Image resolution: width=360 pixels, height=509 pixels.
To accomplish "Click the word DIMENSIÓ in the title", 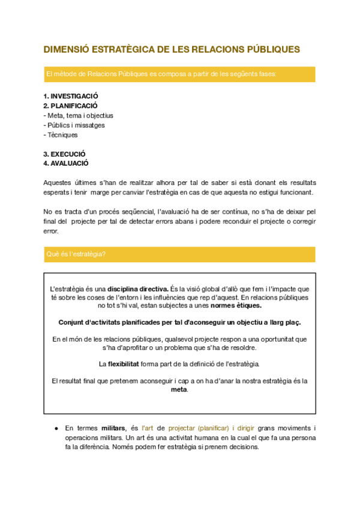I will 64,49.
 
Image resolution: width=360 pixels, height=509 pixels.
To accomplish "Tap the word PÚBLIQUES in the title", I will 271,49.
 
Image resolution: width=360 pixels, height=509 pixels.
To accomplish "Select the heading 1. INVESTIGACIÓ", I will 71,96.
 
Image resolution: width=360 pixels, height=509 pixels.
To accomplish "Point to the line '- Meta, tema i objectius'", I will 79,115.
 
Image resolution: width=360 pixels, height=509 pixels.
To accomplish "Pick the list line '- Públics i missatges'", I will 74,125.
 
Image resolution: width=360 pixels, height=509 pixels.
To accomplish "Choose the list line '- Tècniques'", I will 61,135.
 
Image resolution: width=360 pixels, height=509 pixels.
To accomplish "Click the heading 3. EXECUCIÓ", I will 64,154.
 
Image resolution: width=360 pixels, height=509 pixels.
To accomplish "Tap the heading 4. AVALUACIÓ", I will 66,163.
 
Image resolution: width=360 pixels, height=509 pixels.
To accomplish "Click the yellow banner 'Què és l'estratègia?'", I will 179,254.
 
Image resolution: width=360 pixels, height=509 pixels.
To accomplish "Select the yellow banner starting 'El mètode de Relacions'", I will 179,74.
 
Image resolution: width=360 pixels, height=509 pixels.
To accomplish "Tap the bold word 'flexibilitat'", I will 124,364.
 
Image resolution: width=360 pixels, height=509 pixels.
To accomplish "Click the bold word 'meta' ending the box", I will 179,389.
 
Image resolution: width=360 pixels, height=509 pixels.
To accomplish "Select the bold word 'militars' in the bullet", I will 113,429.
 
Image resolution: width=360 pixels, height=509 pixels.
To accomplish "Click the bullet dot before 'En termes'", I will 55,429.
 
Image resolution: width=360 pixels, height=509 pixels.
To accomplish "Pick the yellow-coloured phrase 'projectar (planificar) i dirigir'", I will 211,429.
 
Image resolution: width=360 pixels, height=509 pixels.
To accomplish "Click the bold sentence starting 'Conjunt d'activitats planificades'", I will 179,322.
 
